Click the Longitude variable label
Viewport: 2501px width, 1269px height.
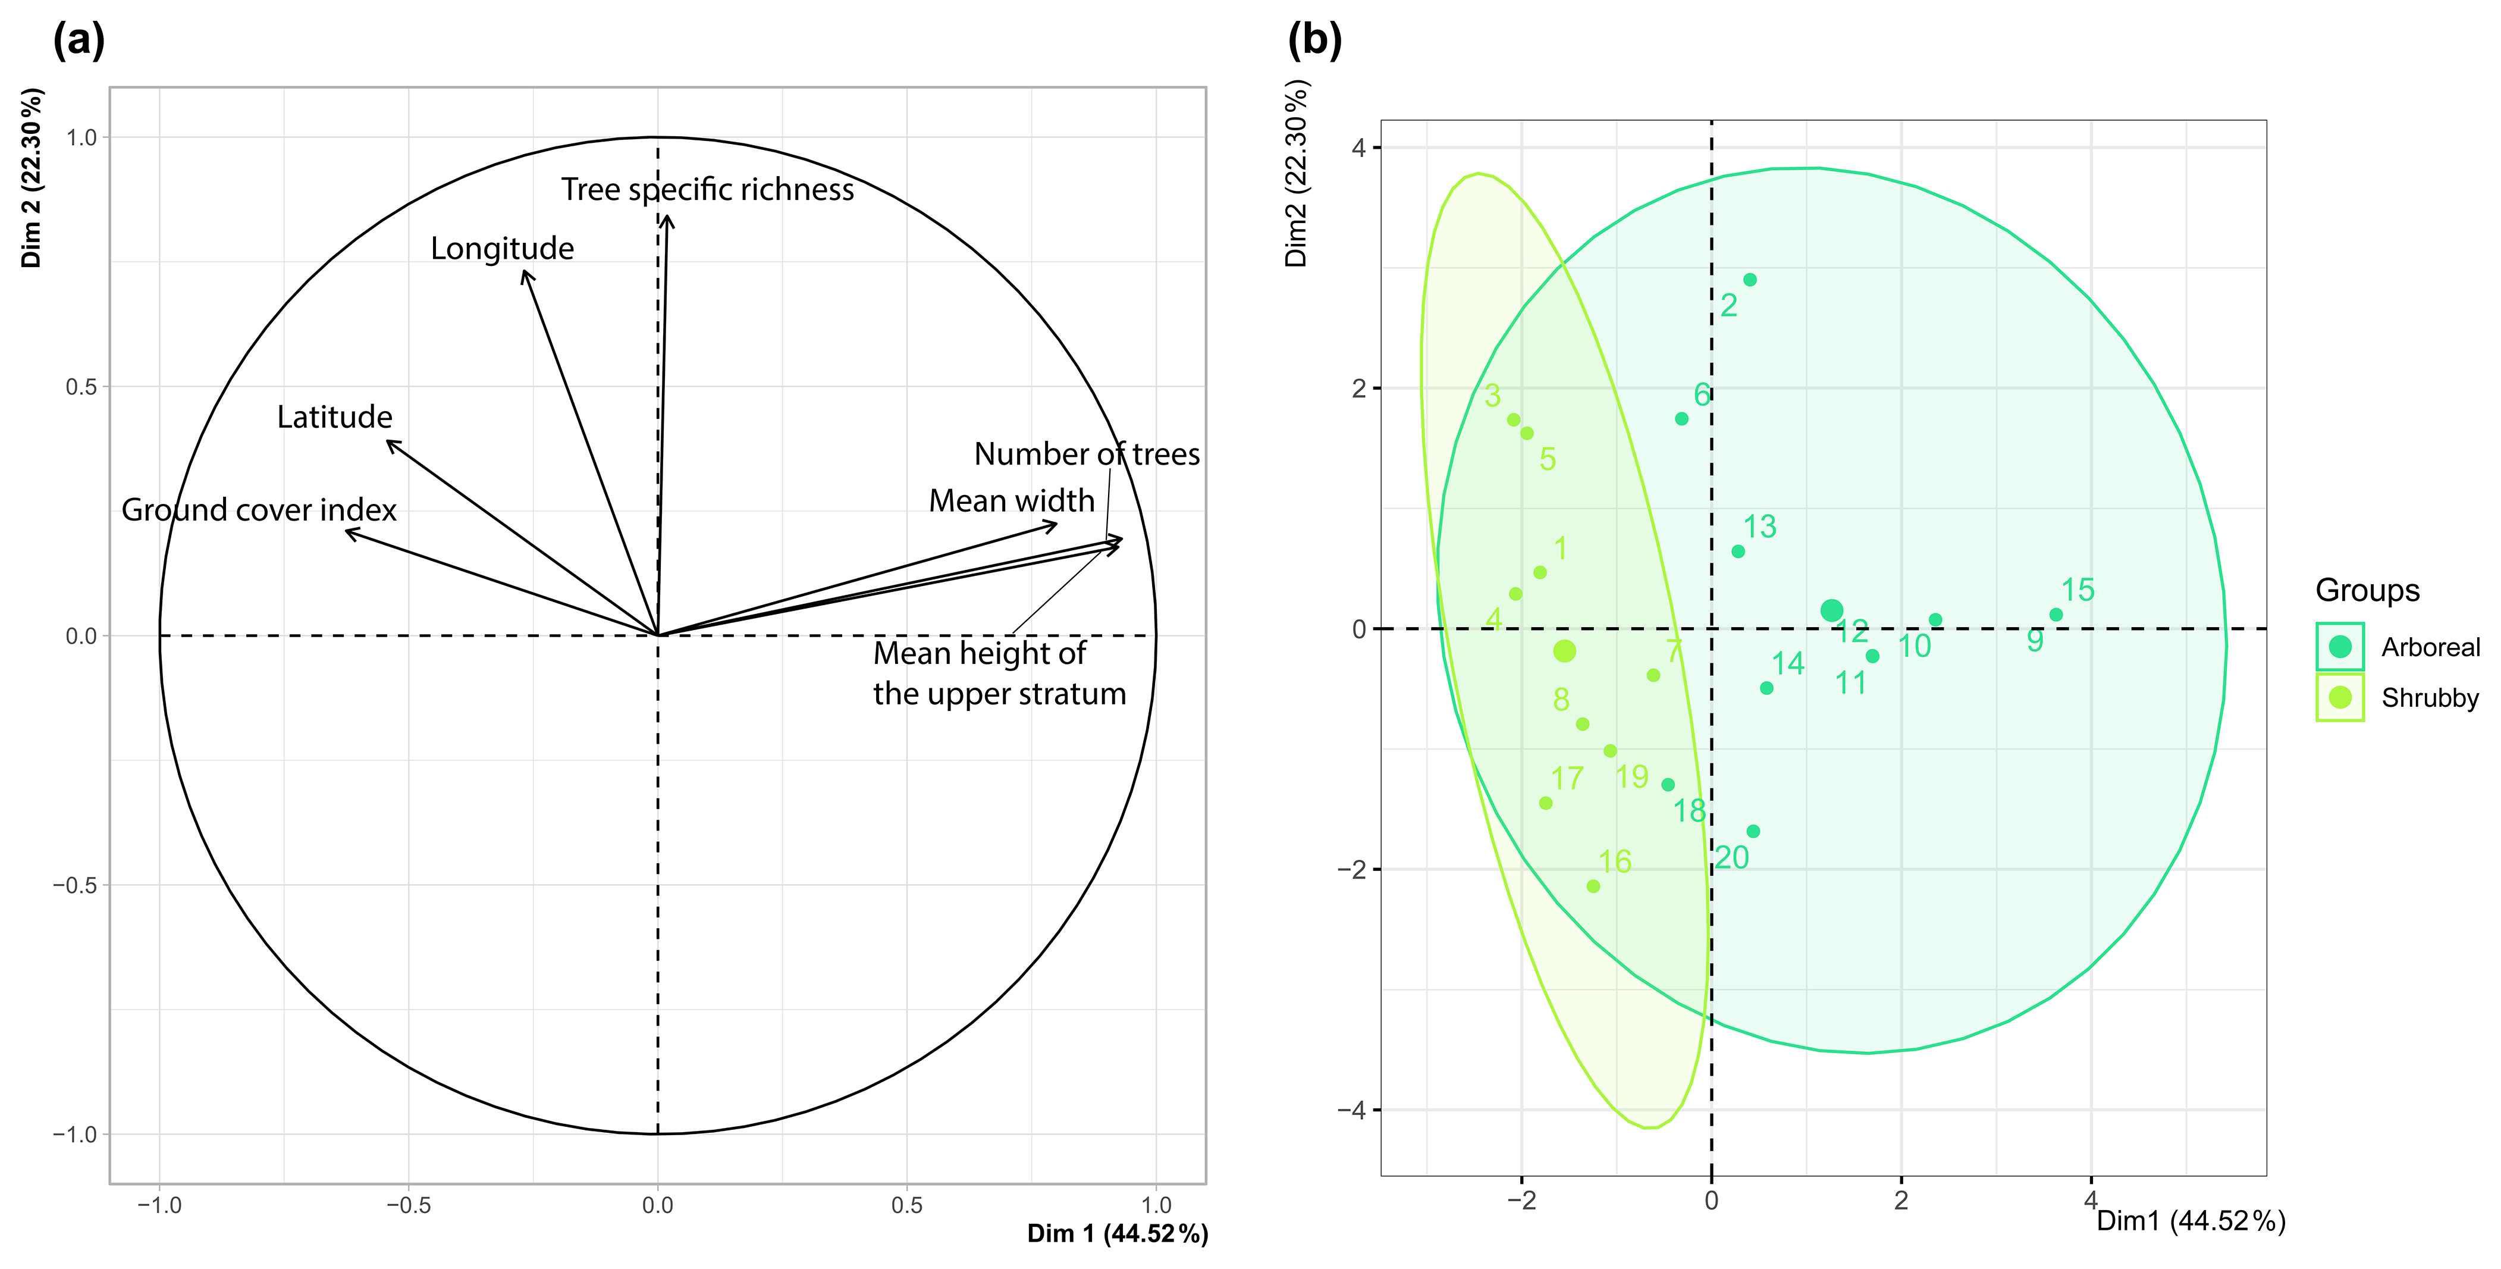click(502, 249)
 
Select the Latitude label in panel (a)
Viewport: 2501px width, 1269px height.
click(335, 416)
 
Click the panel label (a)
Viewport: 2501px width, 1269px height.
click(79, 41)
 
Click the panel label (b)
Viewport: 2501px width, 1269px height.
click(1314, 41)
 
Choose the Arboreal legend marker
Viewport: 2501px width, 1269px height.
click(2340, 647)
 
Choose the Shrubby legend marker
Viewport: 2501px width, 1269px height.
click(2340, 697)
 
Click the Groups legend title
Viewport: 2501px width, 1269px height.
click(2367, 590)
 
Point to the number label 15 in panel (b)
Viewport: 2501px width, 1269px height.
click(2078, 590)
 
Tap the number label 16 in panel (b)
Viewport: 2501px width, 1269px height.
click(1615, 861)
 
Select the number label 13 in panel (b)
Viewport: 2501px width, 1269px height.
click(1759, 527)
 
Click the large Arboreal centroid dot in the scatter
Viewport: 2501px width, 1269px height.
click(1831, 611)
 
